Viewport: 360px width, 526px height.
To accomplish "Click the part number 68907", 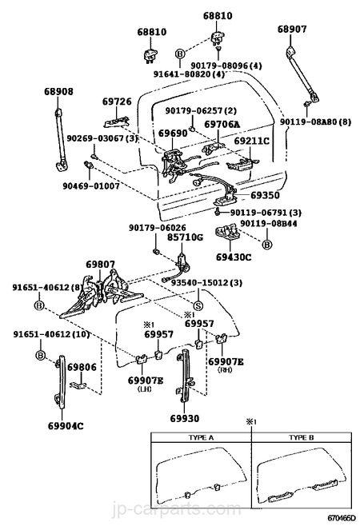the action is click(x=292, y=30).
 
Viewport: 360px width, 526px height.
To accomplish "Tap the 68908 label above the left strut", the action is click(x=58, y=91).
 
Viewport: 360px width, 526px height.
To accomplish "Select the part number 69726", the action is click(x=117, y=102).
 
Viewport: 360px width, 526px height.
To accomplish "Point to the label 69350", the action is click(x=265, y=195).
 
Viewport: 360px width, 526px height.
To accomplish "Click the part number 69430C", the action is click(x=234, y=257).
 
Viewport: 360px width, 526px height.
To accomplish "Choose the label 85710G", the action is click(x=186, y=237).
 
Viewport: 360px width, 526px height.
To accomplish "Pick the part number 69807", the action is click(x=100, y=265).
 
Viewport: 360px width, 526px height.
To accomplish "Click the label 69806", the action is click(x=82, y=367).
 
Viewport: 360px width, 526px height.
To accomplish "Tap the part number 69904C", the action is click(x=66, y=426).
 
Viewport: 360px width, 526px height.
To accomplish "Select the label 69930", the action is click(x=184, y=418).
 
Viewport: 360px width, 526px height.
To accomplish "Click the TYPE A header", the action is click(x=201, y=438).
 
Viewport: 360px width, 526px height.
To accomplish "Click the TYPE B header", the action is click(x=302, y=438).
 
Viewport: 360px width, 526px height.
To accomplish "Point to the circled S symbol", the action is click(x=198, y=305).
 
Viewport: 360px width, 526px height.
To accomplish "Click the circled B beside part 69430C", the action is click(x=266, y=245).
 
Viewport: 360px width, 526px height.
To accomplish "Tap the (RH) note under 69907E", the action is click(x=226, y=369).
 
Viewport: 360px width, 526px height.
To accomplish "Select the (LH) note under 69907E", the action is click(x=145, y=389).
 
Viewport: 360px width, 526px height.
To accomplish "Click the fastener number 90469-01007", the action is click(x=91, y=185).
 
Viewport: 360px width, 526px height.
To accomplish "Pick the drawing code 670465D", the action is click(x=341, y=520).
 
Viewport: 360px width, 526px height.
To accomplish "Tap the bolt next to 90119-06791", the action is click(x=218, y=212).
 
